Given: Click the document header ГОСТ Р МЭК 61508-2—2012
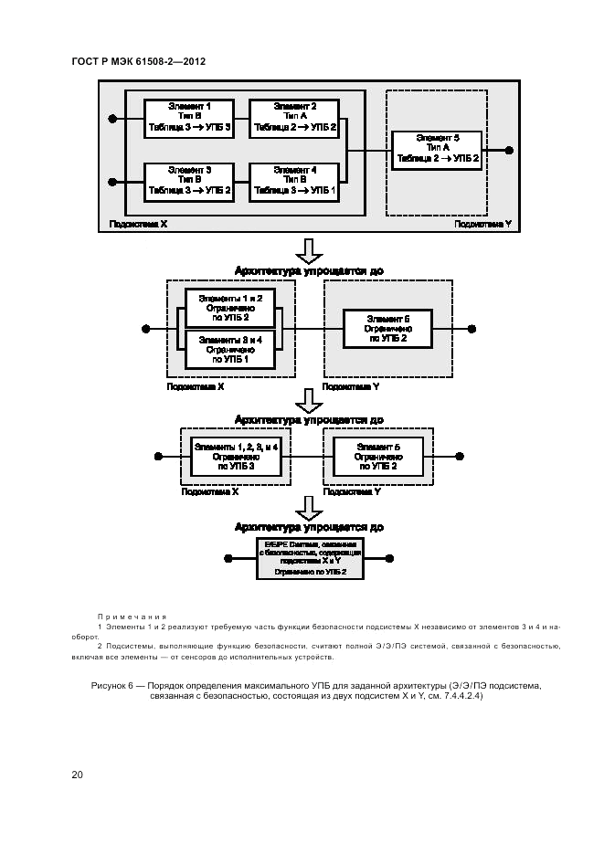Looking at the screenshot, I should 138,61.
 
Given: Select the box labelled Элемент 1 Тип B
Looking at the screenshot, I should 189,118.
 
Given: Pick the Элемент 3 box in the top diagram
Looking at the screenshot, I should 189,182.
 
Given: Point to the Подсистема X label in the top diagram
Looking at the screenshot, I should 138,223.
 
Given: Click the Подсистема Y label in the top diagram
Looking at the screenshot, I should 482,223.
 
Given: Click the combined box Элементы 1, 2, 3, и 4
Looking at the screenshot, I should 235,455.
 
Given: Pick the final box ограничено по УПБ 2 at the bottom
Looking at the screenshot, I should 310,558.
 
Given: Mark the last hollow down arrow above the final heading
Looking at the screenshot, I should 310,507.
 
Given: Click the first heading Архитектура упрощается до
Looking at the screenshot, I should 309,271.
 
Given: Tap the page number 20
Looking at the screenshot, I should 78,775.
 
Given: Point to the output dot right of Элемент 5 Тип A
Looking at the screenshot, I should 510,149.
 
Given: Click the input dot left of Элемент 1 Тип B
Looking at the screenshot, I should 112,118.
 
